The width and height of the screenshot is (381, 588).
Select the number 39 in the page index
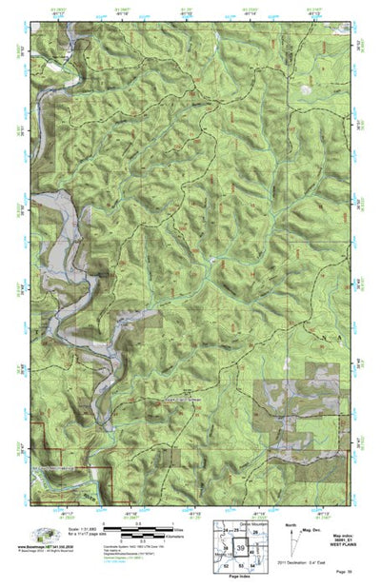[x=241, y=546]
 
